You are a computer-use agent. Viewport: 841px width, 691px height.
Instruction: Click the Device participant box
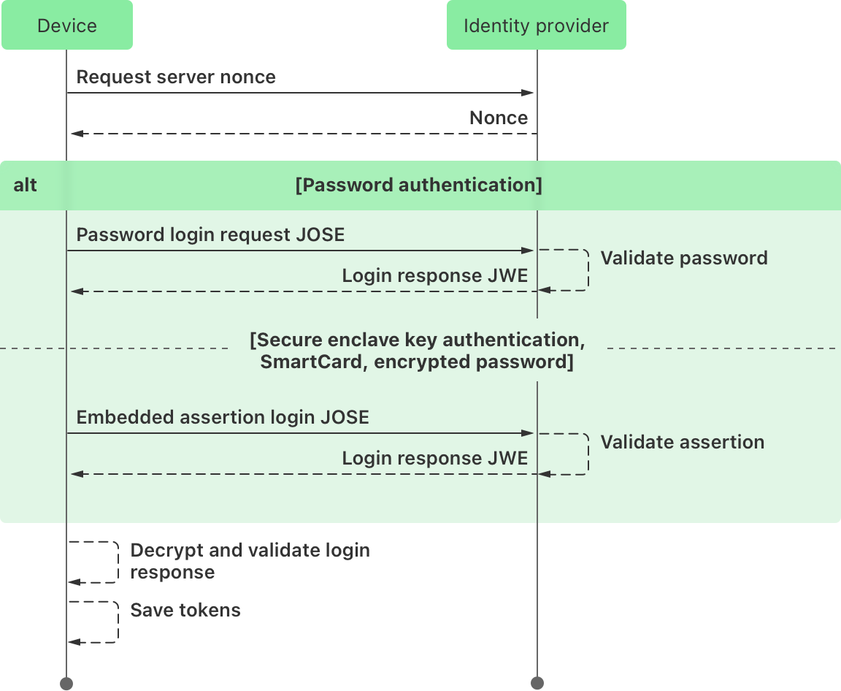coord(66,26)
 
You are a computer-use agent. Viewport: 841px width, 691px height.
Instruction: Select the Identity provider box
coord(536,26)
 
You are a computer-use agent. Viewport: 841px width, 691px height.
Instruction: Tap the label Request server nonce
coord(176,77)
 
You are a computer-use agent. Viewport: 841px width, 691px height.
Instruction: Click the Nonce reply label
coord(498,118)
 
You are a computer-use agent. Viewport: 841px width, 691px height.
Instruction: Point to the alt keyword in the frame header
coord(25,186)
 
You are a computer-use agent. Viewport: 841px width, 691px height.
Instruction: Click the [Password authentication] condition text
coord(418,186)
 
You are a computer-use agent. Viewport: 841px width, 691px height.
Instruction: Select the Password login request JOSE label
coord(210,235)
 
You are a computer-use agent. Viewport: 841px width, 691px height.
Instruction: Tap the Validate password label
coord(683,259)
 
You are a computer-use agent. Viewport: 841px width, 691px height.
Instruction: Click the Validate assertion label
coord(682,443)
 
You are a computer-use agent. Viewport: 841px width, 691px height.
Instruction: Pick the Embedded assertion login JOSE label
coord(223,418)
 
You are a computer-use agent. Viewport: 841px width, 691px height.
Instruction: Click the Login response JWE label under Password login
coord(434,276)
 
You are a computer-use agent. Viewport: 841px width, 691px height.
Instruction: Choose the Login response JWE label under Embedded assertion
coord(434,459)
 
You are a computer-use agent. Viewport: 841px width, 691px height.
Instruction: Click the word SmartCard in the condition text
coord(312,362)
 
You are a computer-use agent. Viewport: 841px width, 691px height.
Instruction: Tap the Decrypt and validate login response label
coord(249,561)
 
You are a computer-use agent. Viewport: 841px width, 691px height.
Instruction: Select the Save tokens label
coord(185,611)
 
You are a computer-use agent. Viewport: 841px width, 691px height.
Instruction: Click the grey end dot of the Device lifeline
coord(66,683)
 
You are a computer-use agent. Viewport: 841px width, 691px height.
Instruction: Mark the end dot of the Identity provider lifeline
coord(537,683)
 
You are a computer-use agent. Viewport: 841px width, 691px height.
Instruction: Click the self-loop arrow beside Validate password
coord(586,270)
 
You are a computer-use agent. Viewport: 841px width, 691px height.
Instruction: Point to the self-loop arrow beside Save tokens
coord(116,622)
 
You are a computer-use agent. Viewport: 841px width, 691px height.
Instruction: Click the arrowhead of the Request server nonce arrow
coord(528,93)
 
